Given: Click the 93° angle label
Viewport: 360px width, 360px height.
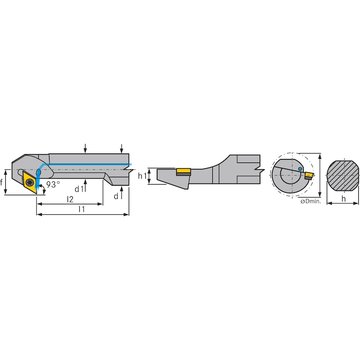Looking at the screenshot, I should (x=53, y=184).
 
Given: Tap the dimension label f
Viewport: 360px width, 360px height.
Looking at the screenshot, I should (x=3, y=182).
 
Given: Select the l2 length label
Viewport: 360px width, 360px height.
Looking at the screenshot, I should (x=70, y=198).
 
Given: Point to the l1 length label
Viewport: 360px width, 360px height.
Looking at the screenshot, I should (x=82, y=209).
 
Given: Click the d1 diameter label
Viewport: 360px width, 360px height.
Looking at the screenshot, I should (x=79, y=188).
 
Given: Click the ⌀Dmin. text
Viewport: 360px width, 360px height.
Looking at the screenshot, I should (x=310, y=202).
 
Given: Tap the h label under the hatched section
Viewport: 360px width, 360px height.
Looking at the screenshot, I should (x=343, y=198).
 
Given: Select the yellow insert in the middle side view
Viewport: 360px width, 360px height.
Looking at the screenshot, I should (x=183, y=171).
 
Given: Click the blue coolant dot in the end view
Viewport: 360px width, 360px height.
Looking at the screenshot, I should (x=300, y=169).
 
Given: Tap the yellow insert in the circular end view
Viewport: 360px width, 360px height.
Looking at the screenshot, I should (x=309, y=174).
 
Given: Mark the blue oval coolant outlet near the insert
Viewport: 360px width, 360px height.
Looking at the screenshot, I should (x=39, y=172).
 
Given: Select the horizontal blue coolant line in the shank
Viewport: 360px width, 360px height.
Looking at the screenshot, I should (x=90, y=164).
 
